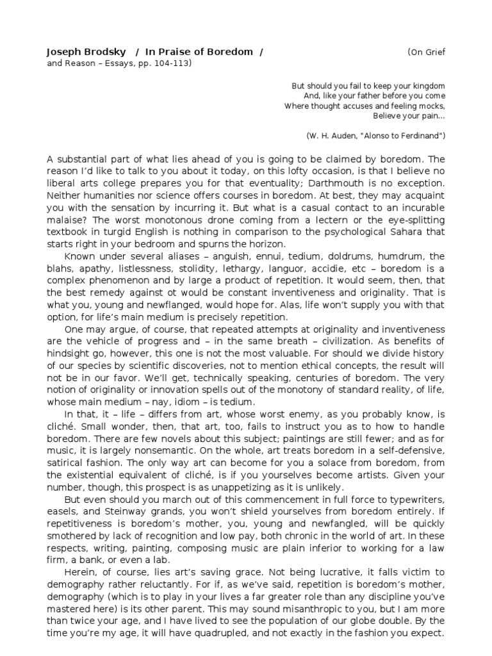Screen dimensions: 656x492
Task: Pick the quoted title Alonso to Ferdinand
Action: [x=404, y=136]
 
